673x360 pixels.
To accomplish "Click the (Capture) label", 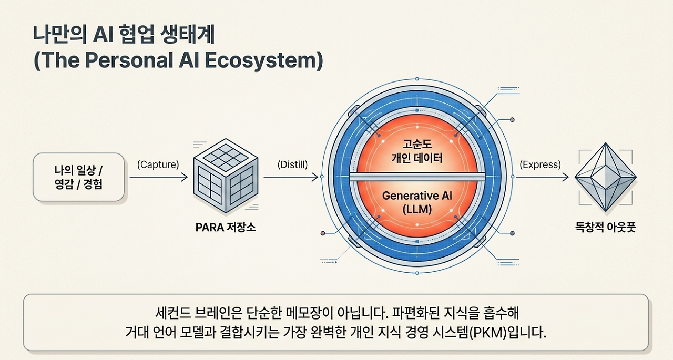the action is (158, 164).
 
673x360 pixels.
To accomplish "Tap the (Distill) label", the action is (292, 164).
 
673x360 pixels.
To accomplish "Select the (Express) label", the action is (540, 164).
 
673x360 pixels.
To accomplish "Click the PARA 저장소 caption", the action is (226, 227).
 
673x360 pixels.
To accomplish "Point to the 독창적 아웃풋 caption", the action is (605, 227).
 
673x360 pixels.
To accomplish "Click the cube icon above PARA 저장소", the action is (226, 176).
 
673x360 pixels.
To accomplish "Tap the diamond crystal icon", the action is (605, 177).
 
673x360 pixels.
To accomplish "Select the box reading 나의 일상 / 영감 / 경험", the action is (78, 177).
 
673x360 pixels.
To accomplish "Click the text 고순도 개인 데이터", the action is (417, 151).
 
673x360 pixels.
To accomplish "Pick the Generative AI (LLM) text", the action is (417, 202).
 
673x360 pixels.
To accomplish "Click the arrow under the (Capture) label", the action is (159, 177).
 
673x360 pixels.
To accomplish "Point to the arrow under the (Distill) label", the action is (291, 177).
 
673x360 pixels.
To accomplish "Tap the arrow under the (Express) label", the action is (542, 177).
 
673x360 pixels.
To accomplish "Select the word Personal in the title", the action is (129, 60).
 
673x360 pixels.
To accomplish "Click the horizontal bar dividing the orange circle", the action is (417, 177).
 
